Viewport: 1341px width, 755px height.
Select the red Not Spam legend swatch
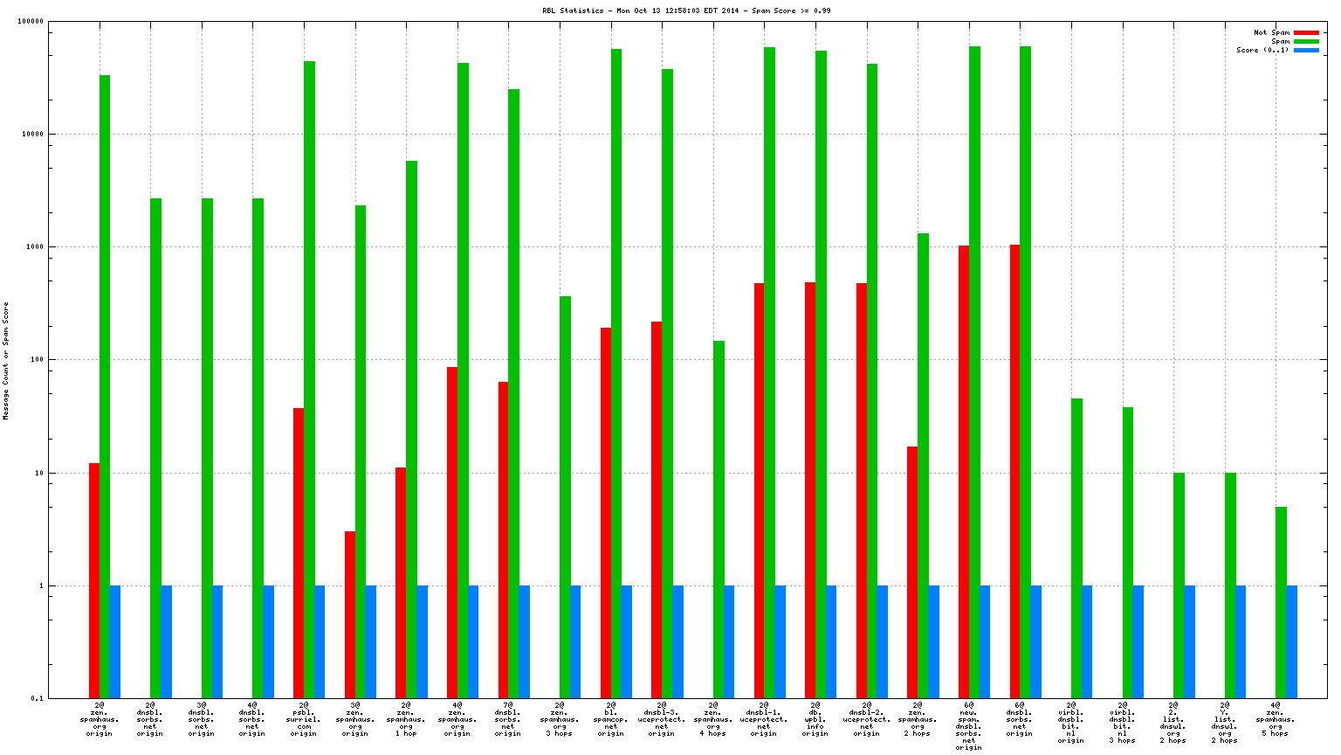coord(1306,33)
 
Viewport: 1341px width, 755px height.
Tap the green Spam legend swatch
coord(1306,42)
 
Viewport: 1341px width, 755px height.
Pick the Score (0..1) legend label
coord(1262,51)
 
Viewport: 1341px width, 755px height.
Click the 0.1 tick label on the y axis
coord(37,698)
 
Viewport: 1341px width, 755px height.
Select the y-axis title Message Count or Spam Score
coord(6,361)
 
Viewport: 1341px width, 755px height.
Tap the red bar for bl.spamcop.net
coord(606,513)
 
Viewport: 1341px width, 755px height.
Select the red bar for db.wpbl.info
coord(810,490)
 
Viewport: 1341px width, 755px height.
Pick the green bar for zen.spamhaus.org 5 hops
coord(1281,602)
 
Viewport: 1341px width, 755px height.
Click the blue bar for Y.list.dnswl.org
coord(1241,641)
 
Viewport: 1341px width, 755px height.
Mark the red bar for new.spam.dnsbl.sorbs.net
coord(964,472)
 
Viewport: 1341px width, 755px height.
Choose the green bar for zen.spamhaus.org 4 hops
coord(719,519)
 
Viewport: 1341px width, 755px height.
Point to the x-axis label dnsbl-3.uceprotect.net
coord(662,718)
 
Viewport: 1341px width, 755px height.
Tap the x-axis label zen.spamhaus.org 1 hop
coord(406,718)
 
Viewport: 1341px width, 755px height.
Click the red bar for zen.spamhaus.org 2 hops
coord(912,572)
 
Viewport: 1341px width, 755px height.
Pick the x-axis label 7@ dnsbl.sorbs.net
coord(508,718)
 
